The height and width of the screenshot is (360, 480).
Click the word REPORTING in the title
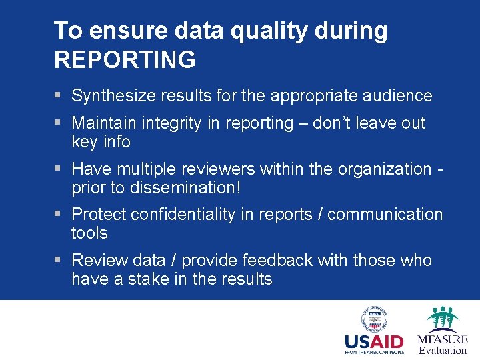coord(125,59)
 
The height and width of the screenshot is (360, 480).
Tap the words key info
coord(101,142)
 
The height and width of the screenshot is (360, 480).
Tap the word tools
coord(89,233)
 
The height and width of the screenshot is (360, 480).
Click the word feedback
coord(273,261)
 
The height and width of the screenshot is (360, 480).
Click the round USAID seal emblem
coord(375,319)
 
